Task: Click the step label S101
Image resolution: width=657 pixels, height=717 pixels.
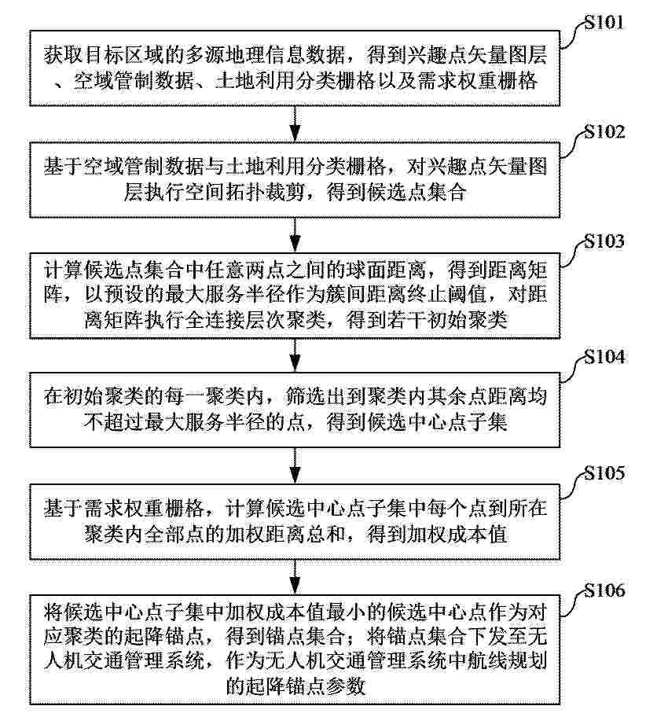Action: click(x=604, y=22)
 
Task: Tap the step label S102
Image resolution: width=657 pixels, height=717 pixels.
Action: click(x=604, y=132)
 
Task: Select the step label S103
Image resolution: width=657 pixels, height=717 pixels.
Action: click(x=604, y=241)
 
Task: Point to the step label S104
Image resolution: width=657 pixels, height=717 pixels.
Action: click(x=604, y=357)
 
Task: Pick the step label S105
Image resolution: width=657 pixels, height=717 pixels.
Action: click(x=604, y=472)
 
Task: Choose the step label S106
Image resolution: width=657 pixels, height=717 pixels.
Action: click(x=604, y=590)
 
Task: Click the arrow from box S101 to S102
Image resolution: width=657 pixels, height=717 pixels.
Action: click(x=295, y=124)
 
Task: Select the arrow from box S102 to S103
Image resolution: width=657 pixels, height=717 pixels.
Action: click(x=295, y=235)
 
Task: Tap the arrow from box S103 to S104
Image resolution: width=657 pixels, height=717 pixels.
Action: click(x=295, y=355)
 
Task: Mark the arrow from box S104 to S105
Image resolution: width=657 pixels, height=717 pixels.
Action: click(x=295, y=465)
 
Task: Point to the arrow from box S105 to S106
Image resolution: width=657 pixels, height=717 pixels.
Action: click(x=295, y=577)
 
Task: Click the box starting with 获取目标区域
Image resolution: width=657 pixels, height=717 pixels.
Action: click(x=295, y=68)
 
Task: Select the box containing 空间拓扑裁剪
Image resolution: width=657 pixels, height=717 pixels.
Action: click(x=295, y=180)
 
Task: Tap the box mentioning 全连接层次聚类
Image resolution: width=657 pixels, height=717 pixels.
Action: click(x=295, y=296)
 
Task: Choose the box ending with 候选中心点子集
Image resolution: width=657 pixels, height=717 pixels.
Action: click(x=295, y=410)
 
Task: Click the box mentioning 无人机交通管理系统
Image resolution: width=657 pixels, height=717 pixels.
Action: click(x=295, y=649)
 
